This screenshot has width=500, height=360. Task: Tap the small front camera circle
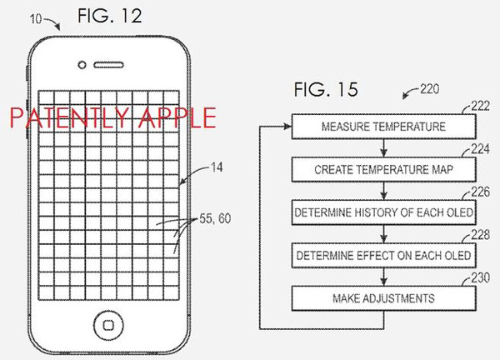coord(82,65)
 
